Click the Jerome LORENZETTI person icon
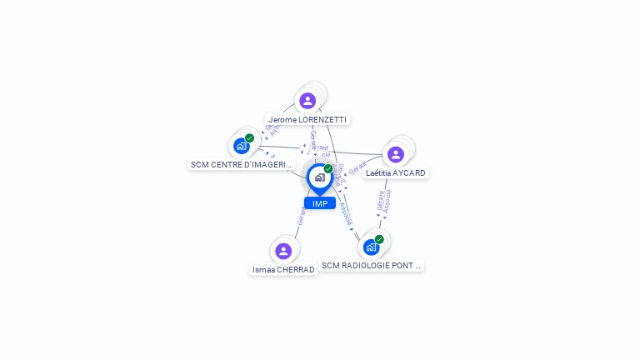point(307,101)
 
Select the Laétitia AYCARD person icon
point(395,154)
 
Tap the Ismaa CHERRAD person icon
point(283,251)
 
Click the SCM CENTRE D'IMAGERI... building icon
point(241,146)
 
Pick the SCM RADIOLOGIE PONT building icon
point(371,247)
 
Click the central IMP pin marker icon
point(319,177)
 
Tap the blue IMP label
point(320,203)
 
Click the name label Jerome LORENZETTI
point(307,119)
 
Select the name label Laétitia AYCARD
point(396,173)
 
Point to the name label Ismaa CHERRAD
point(283,270)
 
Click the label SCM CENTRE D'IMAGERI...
point(241,165)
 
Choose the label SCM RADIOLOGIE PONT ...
point(372,266)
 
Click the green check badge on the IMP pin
point(328,169)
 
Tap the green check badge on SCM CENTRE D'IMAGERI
point(249,138)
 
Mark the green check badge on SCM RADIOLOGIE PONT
point(379,239)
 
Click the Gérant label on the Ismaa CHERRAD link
point(301,216)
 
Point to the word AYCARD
point(409,173)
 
